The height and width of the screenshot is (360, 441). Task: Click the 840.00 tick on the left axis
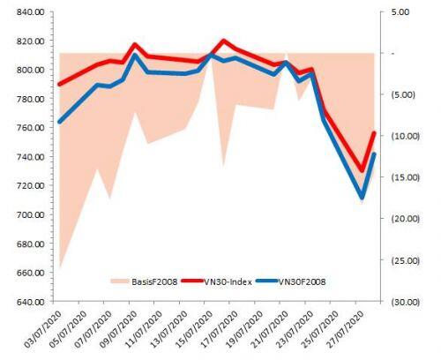click(31, 12)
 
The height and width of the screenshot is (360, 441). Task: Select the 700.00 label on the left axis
click(31, 214)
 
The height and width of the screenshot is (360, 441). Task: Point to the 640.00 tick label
click(31, 302)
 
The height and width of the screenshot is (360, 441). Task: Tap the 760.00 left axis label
click(31, 128)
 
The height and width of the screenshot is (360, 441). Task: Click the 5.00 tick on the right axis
click(400, 12)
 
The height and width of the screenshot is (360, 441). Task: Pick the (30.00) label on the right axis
click(404, 302)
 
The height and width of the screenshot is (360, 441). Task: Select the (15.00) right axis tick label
click(404, 177)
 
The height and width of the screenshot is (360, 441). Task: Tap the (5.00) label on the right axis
click(401, 94)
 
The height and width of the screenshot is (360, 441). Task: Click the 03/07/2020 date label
click(42, 329)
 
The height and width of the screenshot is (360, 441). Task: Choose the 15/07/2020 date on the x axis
click(193, 329)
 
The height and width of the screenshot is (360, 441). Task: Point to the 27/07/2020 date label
click(345, 329)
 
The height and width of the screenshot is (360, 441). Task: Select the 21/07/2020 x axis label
click(269, 329)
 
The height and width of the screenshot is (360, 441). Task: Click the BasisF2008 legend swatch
click(120, 281)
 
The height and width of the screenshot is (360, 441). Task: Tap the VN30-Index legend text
click(228, 281)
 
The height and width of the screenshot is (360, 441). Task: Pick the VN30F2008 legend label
click(302, 281)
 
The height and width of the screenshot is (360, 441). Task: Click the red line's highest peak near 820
click(223, 41)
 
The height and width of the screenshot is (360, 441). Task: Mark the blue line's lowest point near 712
click(362, 198)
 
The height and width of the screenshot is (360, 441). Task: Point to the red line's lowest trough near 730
click(362, 170)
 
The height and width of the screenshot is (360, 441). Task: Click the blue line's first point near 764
click(60, 122)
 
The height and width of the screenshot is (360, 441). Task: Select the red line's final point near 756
click(374, 133)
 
